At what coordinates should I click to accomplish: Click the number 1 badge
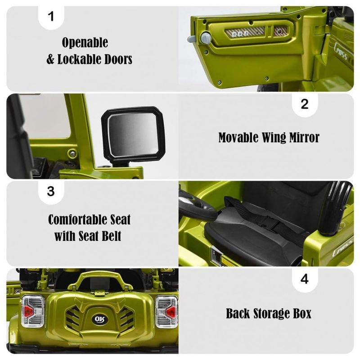pyautogui.click(x=51, y=17)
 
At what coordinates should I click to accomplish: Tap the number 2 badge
pyautogui.click(x=305, y=104)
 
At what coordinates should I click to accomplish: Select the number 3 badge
pyautogui.click(x=51, y=191)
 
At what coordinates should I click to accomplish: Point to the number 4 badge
pyautogui.click(x=305, y=279)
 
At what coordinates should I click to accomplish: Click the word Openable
pyautogui.click(x=85, y=42)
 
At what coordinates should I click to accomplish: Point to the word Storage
pyautogui.click(x=269, y=313)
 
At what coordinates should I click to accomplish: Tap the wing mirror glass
pyautogui.click(x=133, y=134)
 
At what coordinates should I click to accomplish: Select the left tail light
pyautogui.click(x=33, y=311)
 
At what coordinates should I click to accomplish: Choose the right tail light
pyautogui.click(x=166, y=312)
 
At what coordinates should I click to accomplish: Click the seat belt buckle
pyautogui.click(x=271, y=223)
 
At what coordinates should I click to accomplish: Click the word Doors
pyautogui.click(x=118, y=59)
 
